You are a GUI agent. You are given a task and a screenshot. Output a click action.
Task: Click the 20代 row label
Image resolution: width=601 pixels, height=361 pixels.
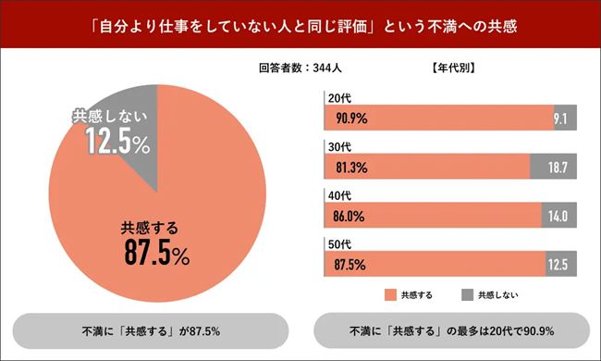335,96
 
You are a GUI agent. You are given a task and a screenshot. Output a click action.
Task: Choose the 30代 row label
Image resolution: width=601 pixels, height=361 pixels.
335,146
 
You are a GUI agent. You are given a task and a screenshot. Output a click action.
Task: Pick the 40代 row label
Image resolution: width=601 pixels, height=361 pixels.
335,196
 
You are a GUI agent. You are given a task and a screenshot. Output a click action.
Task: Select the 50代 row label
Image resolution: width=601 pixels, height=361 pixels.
335,245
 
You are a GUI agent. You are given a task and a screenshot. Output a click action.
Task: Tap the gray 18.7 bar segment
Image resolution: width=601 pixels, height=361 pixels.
554,167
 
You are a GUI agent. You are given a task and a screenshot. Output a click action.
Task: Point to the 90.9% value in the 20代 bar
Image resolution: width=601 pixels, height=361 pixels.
350,118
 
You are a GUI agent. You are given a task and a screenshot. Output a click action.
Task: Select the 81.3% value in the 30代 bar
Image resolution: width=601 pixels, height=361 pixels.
350,167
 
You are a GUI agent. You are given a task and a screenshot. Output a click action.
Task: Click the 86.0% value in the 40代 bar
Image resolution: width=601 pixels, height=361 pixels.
350,217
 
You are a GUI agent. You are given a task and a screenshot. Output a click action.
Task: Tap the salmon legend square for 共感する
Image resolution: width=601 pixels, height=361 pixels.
389,294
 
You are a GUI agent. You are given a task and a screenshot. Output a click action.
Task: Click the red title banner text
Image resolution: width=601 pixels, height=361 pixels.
300,27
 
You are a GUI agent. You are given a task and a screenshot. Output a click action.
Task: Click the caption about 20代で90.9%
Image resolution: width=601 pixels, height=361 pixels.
451,330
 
